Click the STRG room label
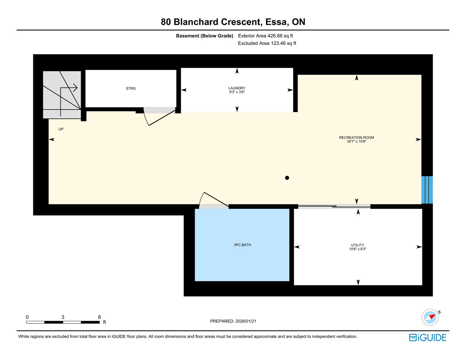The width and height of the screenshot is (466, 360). click(131, 89)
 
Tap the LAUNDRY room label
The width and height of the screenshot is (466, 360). click(237, 88)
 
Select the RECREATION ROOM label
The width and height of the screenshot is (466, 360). click(356, 137)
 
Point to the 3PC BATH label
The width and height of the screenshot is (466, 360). click(242, 245)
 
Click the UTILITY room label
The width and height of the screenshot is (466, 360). click(358, 245)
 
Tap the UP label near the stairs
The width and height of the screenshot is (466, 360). click(61, 129)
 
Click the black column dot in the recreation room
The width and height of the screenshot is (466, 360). click(287, 178)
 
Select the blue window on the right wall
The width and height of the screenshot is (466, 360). click(427, 190)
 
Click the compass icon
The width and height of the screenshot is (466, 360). click(430, 317)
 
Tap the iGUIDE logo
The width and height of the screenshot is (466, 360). click(427, 337)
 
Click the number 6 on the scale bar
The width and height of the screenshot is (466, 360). click(100, 317)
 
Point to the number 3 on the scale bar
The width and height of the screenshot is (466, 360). click(63, 317)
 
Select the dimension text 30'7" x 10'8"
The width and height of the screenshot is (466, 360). click(356, 142)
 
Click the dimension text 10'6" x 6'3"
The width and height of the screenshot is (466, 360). click(358, 249)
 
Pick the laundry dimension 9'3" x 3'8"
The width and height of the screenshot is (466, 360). click(237, 92)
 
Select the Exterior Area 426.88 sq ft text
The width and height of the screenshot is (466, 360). click(265, 36)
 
